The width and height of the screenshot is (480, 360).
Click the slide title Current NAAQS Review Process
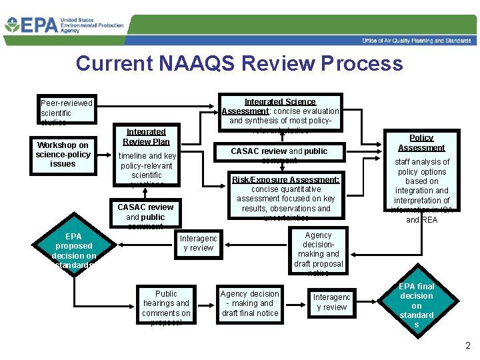coord(239,63)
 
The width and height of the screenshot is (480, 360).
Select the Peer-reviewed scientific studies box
coord(66,111)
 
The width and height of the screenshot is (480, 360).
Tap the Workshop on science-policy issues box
coord(63,154)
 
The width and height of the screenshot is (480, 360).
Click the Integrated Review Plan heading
coord(146,137)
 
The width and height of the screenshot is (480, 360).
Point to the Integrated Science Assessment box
coord(280,111)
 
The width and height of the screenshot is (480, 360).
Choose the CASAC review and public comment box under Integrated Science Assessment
coord(279,154)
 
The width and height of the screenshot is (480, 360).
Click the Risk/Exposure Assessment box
coord(285,197)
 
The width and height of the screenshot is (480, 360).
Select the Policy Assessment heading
coord(421,143)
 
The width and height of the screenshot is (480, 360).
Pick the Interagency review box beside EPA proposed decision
coord(199,243)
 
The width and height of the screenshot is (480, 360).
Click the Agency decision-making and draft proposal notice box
coord(318,253)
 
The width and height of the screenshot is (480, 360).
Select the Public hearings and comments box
coord(166,307)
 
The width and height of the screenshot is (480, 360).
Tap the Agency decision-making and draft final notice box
coord(250,303)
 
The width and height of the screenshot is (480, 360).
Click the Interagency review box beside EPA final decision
coord(331,302)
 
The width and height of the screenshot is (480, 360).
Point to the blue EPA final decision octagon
coord(416,305)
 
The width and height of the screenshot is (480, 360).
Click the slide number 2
coord(467,346)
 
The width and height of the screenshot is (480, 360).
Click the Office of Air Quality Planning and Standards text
coord(416,41)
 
